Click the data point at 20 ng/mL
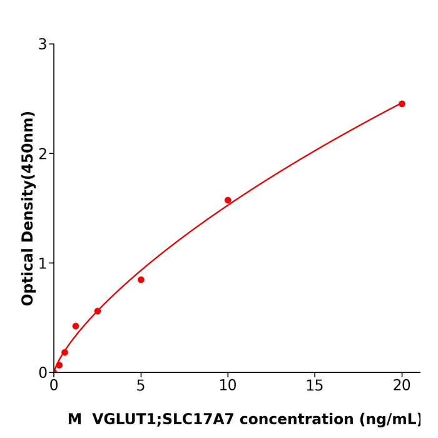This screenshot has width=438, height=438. click(x=402, y=104)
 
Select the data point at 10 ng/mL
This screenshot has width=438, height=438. click(x=228, y=200)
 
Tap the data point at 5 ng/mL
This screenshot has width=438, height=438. click(x=141, y=280)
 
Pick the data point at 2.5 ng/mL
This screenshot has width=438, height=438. click(x=98, y=311)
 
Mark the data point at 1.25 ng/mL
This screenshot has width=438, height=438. click(x=76, y=326)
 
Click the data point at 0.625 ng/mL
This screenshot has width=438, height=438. click(x=64, y=352)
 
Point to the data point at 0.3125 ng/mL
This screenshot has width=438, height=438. click(x=59, y=365)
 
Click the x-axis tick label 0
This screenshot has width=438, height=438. click(x=54, y=386)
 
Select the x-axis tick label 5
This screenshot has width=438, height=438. click(x=141, y=386)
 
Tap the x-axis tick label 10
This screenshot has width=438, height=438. click(x=228, y=386)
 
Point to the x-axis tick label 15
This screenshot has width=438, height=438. click(x=315, y=386)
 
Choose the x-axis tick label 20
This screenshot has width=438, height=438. click(x=402, y=386)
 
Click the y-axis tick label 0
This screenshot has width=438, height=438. click(x=43, y=373)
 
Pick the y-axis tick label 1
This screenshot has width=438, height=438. click(x=43, y=263)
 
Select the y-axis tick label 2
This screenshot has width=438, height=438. click(x=43, y=154)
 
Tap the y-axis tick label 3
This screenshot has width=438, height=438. click(x=43, y=44)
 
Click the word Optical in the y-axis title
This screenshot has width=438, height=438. click(x=28, y=276)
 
